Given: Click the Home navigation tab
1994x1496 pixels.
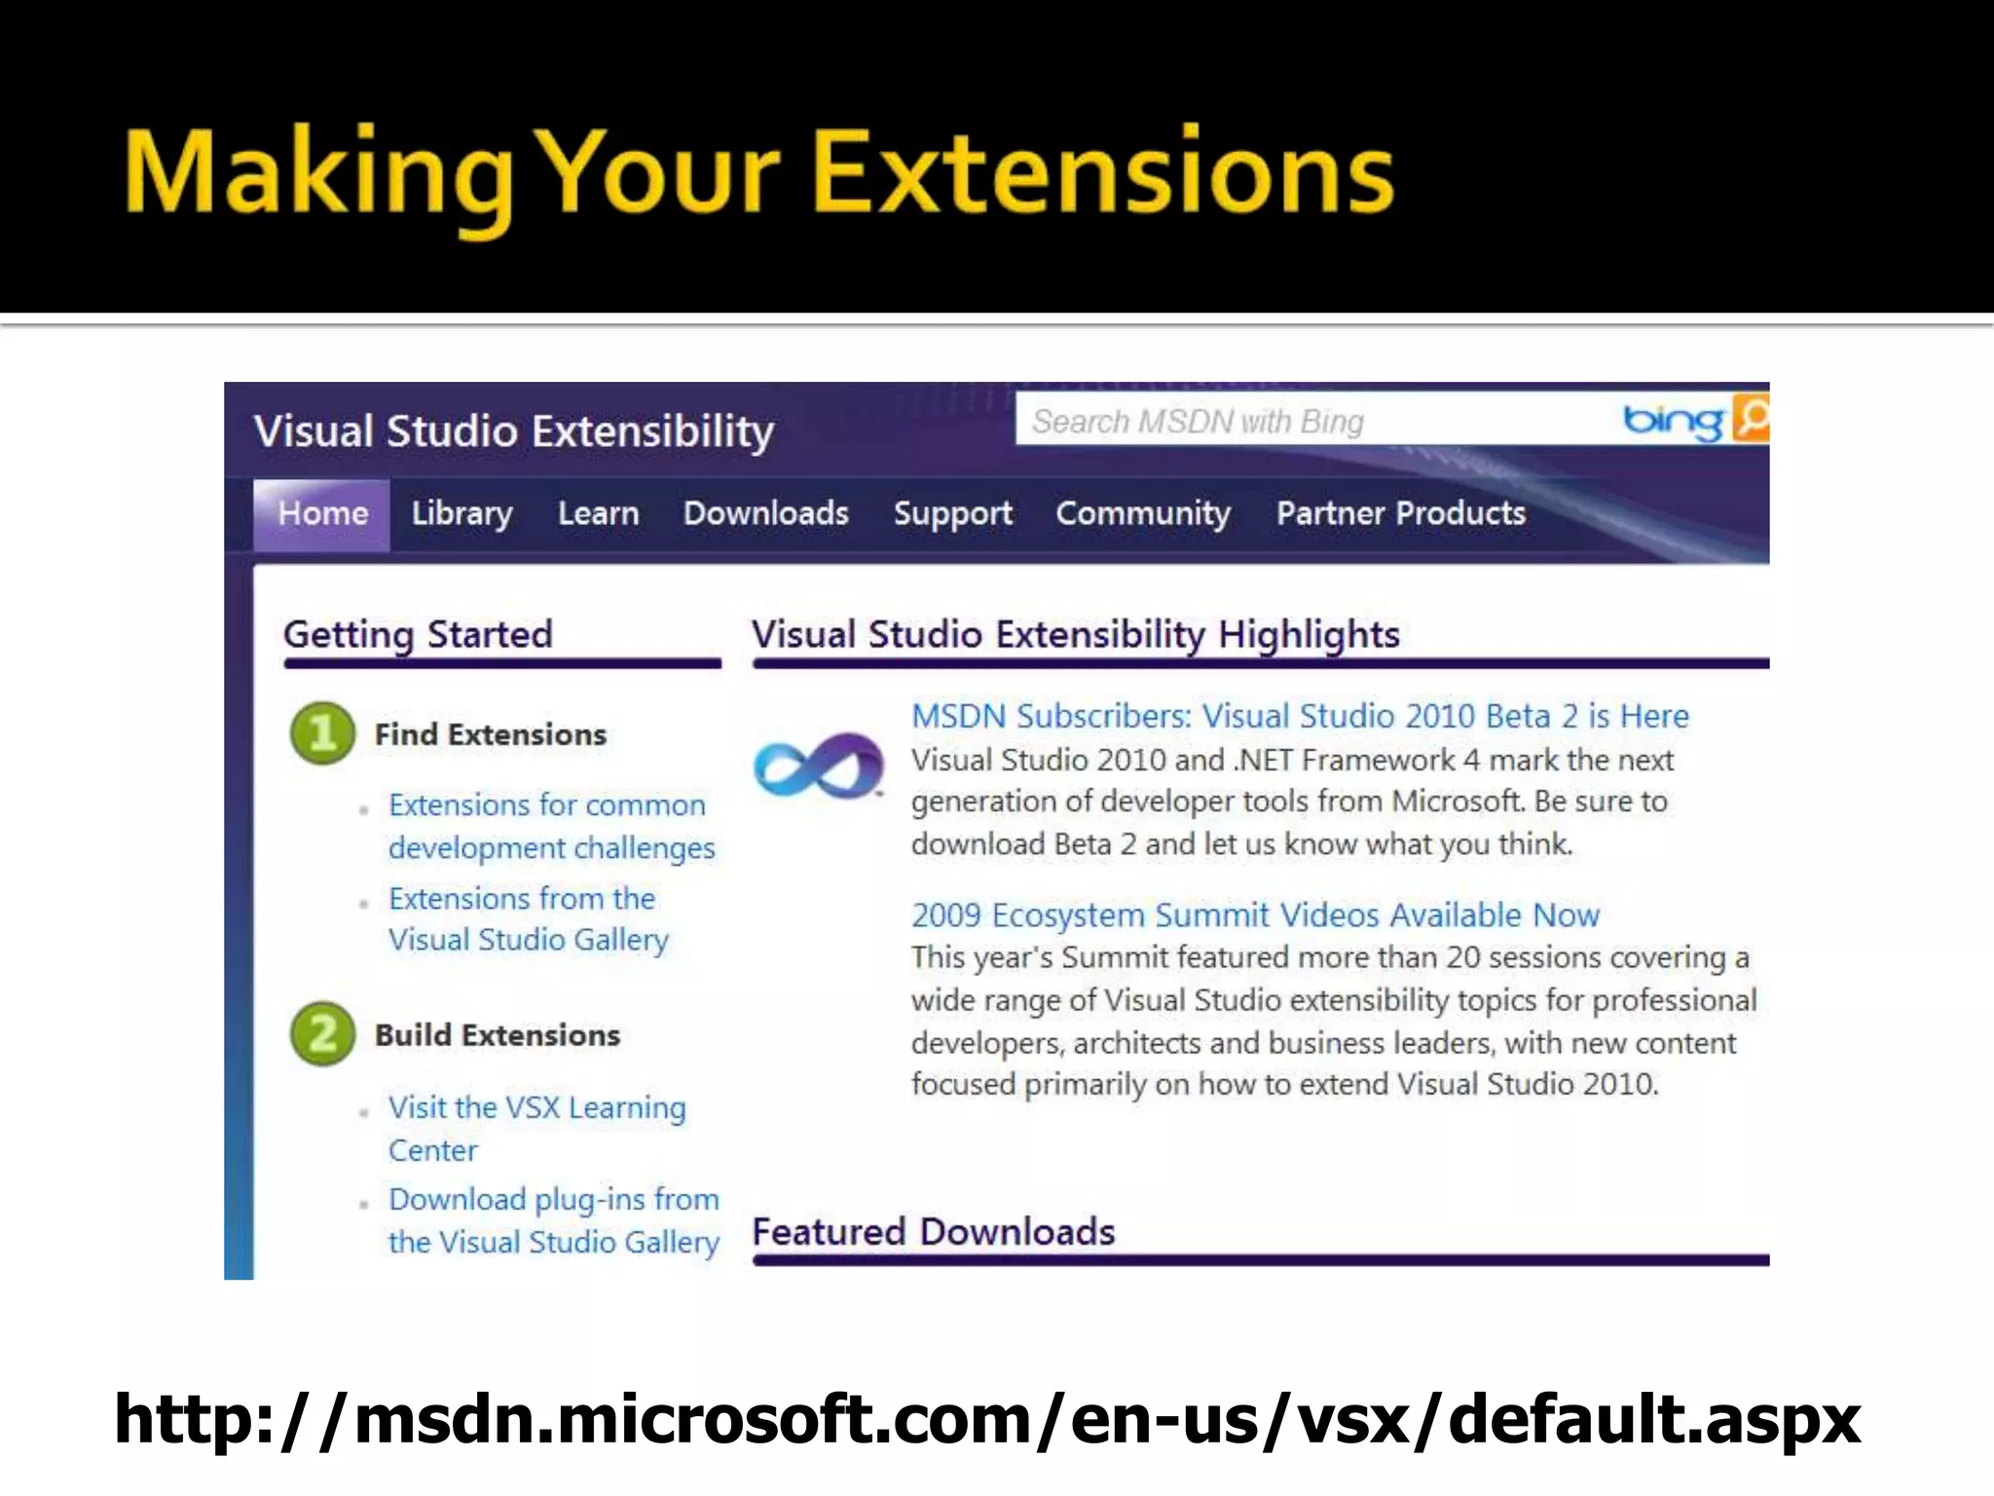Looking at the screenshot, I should coord(322,514).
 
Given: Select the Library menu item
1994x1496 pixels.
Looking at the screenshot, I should coord(462,514).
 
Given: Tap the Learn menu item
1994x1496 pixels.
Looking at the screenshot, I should coord(598,514).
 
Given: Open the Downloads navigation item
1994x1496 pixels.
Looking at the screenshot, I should coord(765,514).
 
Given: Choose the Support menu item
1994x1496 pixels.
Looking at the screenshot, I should coord(952,514).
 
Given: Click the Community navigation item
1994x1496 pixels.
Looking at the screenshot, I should coord(1143,514).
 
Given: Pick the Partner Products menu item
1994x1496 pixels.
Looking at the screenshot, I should coord(1400,514).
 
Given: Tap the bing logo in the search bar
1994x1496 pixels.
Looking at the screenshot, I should coord(1672,421).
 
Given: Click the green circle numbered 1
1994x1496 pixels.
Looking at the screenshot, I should coord(322,733).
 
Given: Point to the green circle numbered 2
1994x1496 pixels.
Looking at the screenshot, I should coord(322,1033).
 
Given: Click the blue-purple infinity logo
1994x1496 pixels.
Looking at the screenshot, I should coord(819,766).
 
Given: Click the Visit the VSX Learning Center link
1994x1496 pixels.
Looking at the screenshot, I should coord(536,1128).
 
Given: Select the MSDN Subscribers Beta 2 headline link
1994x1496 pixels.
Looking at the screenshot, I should coord(1299,717).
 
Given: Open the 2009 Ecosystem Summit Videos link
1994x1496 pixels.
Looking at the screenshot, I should coord(1255,916).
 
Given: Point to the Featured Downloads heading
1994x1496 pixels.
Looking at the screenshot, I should coord(933,1232).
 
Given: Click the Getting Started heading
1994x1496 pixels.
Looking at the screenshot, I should coord(418,635).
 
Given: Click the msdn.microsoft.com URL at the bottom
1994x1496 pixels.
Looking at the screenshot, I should coord(987,1419).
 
